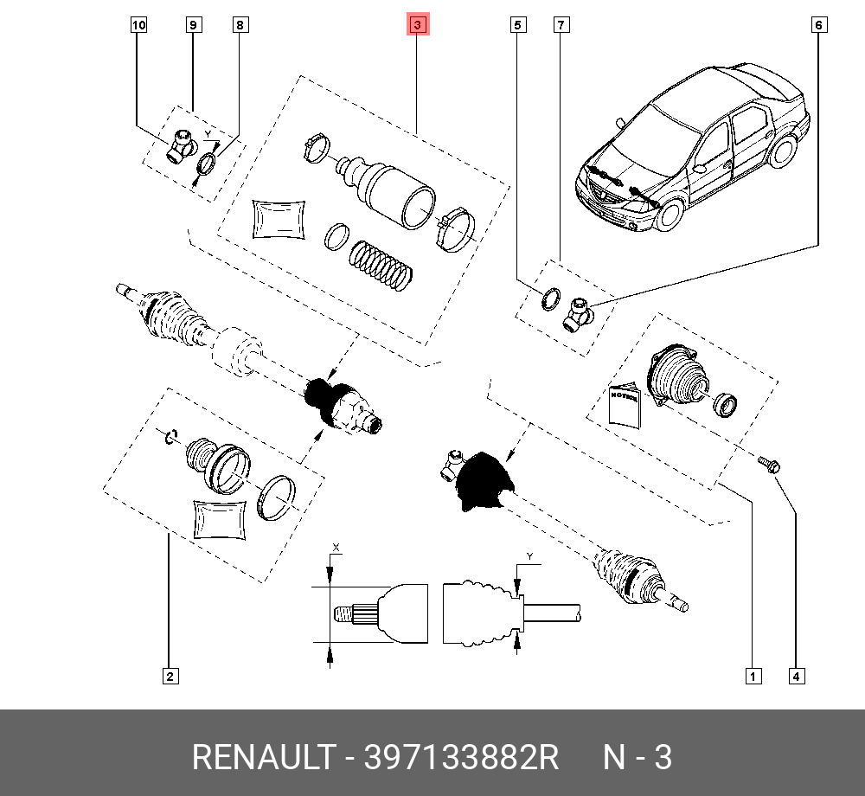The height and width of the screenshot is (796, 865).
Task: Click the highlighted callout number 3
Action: tap(418, 25)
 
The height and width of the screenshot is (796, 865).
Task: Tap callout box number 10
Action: tap(138, 25)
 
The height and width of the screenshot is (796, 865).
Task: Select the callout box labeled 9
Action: tap(193, 25)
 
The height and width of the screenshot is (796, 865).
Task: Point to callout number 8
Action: tap(240, 25)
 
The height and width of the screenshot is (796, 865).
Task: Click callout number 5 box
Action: tap(517, 25)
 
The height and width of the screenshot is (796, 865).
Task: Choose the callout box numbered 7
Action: tap(561, 25)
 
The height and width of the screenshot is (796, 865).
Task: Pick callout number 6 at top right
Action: tap(818, 25)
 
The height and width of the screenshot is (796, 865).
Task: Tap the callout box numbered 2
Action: tap(170, 677)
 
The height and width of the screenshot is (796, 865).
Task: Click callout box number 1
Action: tap(753, 677)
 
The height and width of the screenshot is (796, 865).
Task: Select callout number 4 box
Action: tap(796, 677)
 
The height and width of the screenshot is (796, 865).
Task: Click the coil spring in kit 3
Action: tap(381, 266)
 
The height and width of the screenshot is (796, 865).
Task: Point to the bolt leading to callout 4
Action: tap(768, 465)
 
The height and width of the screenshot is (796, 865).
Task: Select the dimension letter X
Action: tap(336, 547)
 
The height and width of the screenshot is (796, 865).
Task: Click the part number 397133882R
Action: tap(461, 757)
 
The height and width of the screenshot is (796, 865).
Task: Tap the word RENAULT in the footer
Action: tap(264, 757)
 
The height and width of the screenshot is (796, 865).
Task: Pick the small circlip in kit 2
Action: tap(171, 436)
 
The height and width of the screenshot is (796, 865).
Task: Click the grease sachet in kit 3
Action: tap(279, 219)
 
